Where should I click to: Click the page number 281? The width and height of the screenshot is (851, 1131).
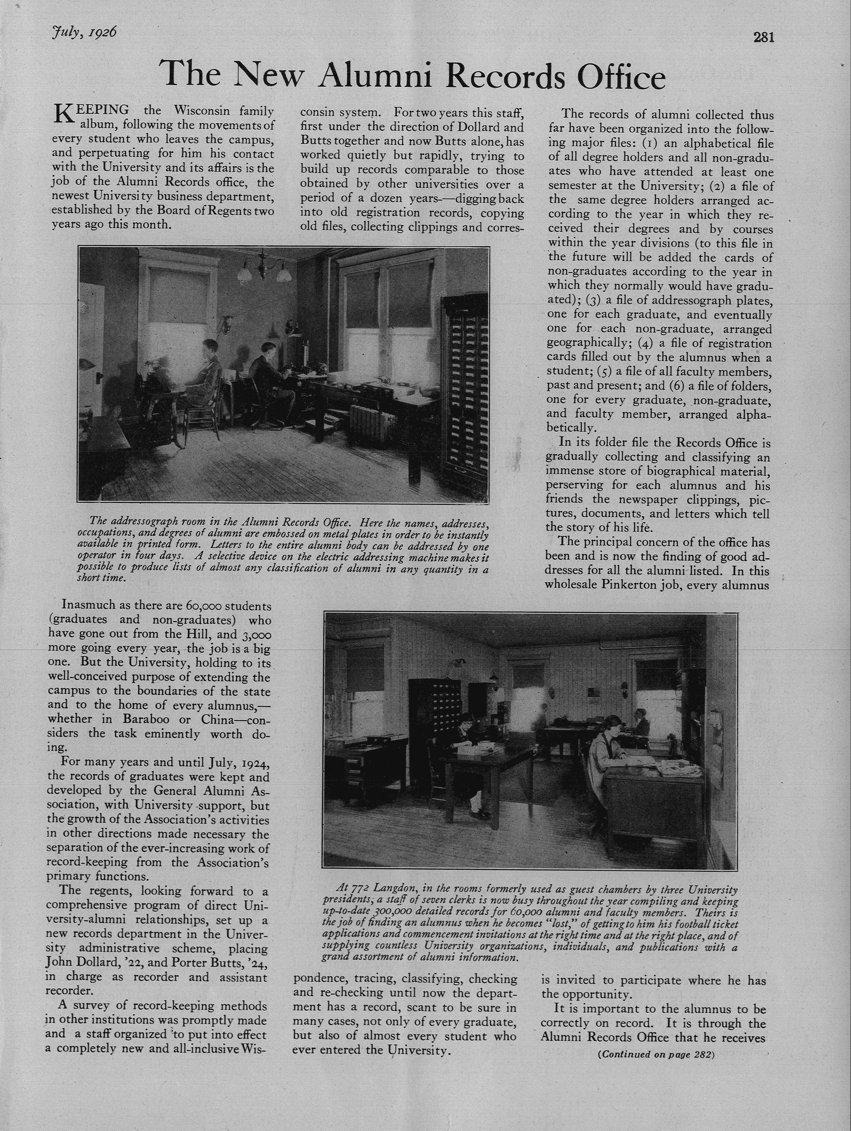click(x=764, y=37)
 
